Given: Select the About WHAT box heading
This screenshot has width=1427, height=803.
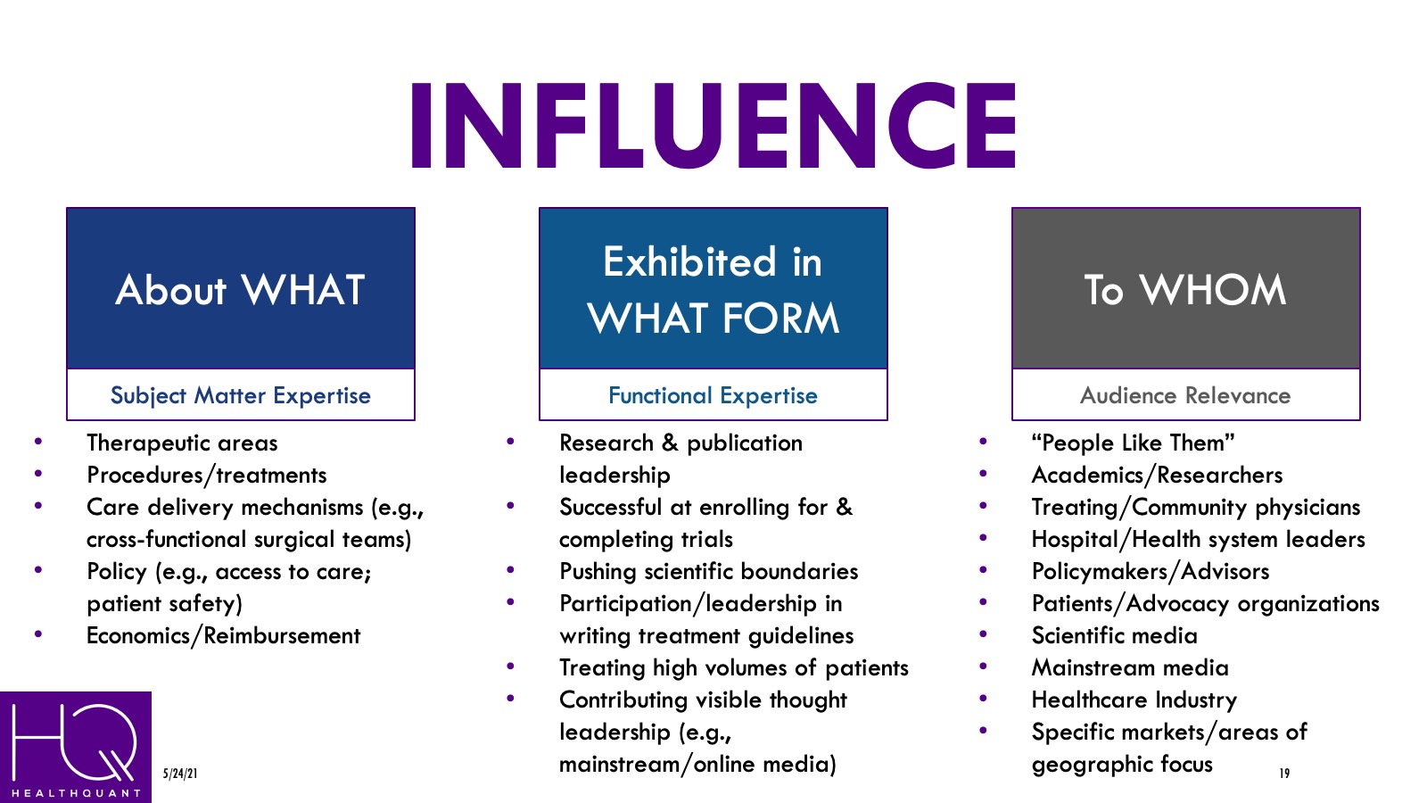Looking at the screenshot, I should [241, 290].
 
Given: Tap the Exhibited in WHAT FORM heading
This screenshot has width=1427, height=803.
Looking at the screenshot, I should [713, 290].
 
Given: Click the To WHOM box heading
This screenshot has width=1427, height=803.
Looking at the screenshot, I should [1185, 290].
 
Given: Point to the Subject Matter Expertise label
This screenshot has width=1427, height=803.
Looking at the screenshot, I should [241, 395].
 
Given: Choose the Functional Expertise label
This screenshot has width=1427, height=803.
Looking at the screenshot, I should [713, 395].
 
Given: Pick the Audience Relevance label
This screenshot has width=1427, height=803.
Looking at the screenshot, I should [1185, 395].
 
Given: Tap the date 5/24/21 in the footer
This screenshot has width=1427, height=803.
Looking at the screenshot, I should [180, 774].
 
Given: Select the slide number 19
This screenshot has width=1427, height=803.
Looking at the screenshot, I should [1284, 774].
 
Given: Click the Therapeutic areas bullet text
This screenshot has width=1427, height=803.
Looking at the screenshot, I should [182, 443].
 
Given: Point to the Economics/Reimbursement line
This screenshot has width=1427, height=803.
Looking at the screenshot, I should [223, 636].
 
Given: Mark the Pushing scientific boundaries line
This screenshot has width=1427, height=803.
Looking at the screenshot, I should [708, 572].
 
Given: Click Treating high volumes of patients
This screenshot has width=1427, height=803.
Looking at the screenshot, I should [733, 668].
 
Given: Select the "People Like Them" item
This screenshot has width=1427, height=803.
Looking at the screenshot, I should [1133, 443].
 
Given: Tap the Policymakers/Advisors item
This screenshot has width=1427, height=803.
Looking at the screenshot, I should [1150, 572].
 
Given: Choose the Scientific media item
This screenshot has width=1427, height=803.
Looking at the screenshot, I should [1114, 636].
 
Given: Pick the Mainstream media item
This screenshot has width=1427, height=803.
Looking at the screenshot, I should [1130, 668].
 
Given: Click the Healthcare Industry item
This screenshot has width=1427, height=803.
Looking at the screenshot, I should [1134, 700].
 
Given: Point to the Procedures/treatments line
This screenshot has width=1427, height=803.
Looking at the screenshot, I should [206, 476].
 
